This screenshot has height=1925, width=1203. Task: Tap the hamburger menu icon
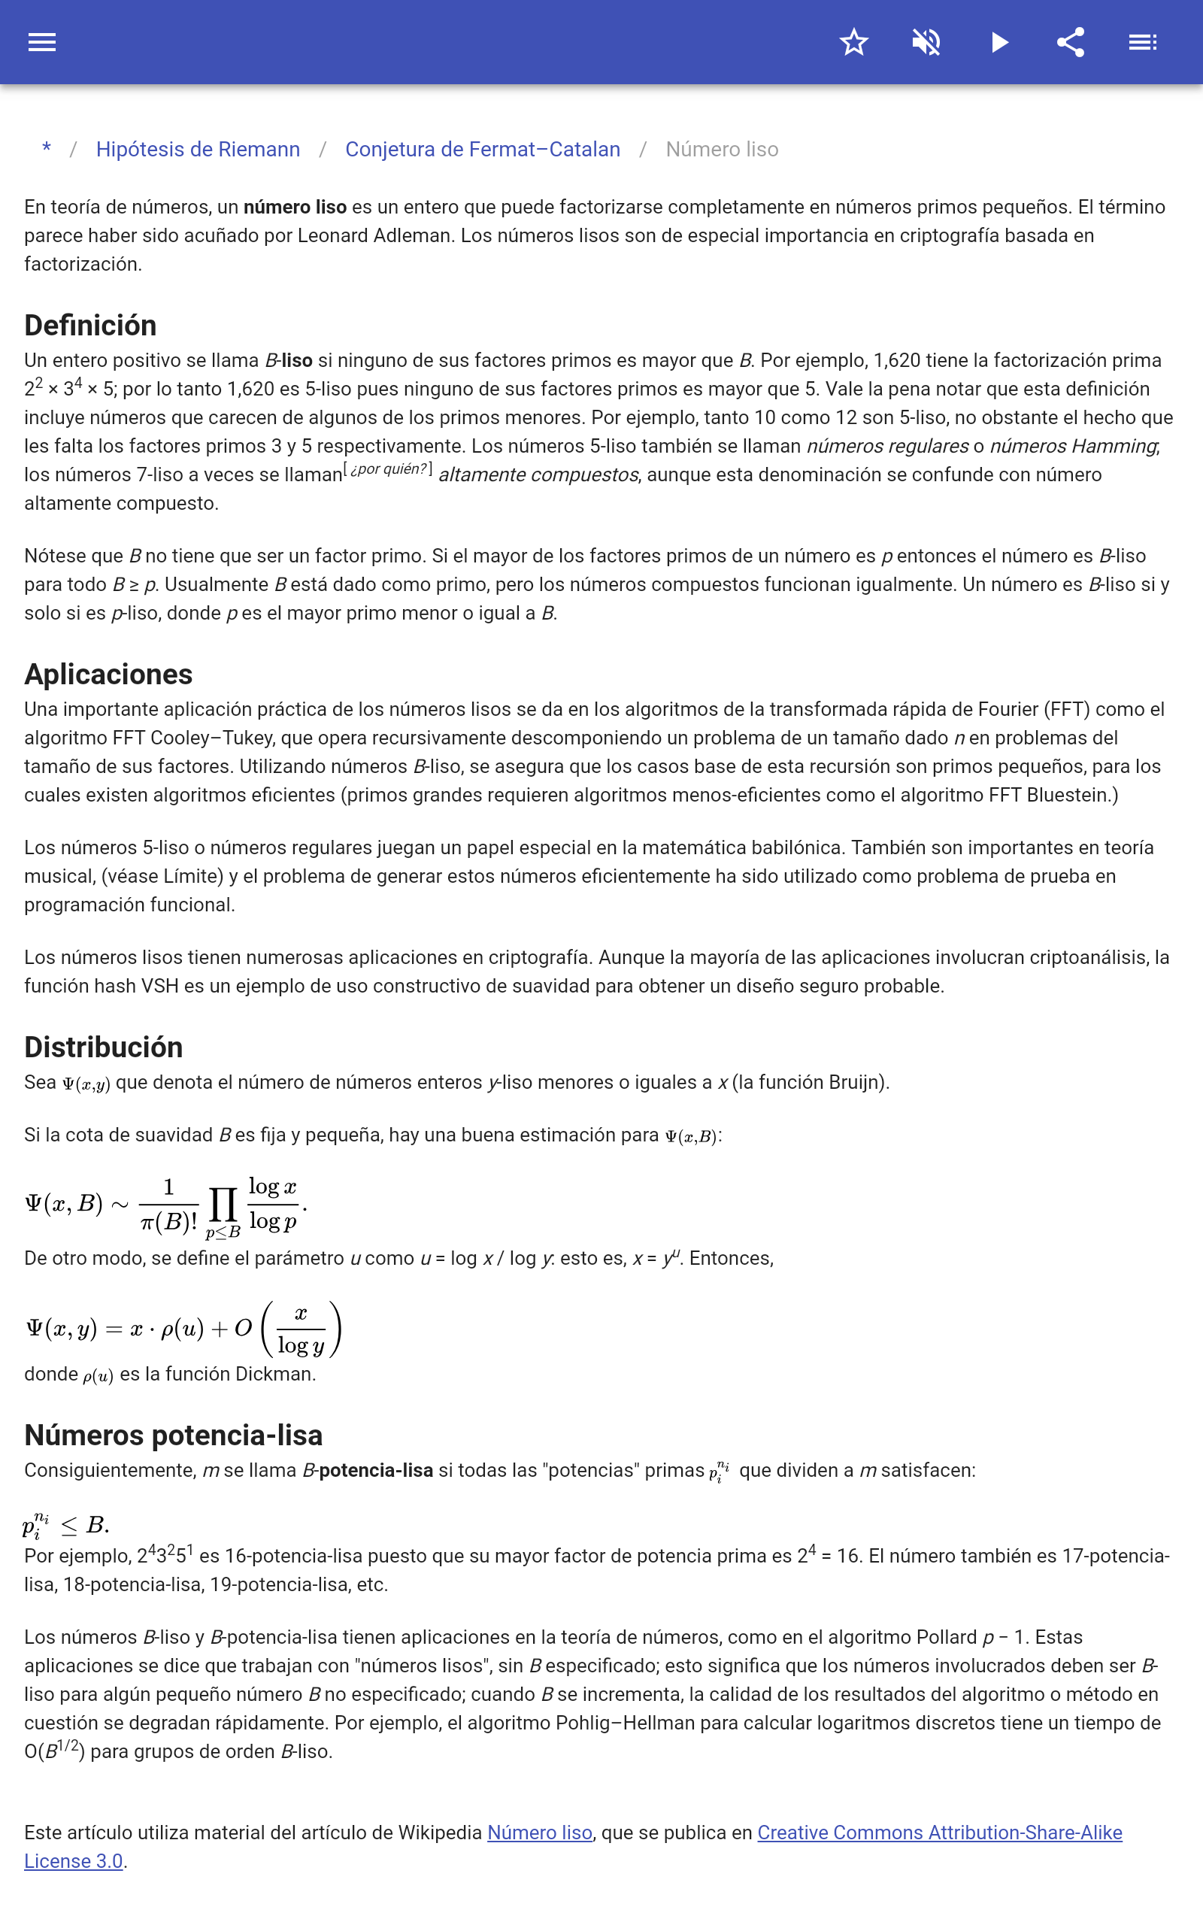pyautogui.click(x=42, y=42)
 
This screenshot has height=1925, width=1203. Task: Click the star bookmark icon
pyautogui.click(x=853, y=42)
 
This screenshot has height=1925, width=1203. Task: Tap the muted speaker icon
pyautogui.click(x=926, y=42)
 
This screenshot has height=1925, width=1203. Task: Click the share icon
pyautogui.click(x=1071, y=42)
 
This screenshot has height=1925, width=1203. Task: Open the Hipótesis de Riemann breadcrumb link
pyautogui.click(x=198, y=150)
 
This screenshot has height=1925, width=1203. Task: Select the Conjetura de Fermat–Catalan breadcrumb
pyautogui.click(x=482, y=150)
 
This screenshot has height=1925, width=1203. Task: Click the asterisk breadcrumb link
pyautogui.click(x=47, y=149)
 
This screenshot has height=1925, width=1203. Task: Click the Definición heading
pyautogui.click(x=90, y=326)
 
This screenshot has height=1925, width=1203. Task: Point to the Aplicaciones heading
pyautogui.click(x=108, y=674)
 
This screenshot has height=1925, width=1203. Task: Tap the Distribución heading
pyautogui.click(x=104, y=1047)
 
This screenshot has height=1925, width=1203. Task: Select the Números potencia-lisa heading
pyautogui.click(x=174, y=1435)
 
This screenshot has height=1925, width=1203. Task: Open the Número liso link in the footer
pyautogui.click(x=539, y=1832)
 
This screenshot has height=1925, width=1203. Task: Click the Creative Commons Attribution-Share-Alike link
pyautogui.click(x=939, y=1832)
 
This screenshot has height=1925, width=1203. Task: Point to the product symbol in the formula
pyautogui.click(x=223, y=1205)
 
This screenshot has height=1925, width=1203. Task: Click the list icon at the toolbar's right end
pyautogui.click(x=1143, y=42)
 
